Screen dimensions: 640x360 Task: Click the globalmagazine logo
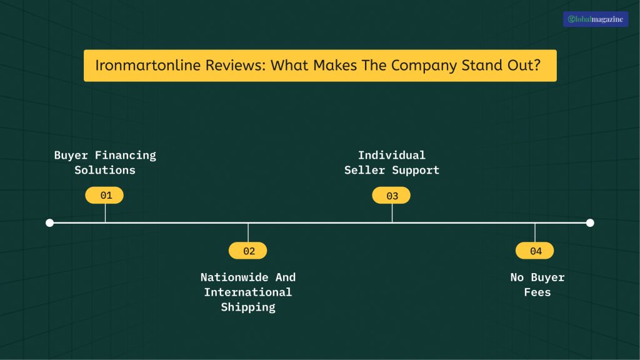pos(595,19)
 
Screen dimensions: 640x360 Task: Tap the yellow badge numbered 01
pos(105,196)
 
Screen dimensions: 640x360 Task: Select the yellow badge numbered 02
pos(248,251)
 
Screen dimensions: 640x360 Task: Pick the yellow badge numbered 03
pos(391,196)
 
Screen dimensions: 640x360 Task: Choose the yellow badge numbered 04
pos(534,251)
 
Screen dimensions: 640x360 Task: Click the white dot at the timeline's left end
pos(50,222)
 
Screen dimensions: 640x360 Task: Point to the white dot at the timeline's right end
pos(590,222)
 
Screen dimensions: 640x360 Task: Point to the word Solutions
pos(105,170)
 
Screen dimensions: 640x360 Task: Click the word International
pos(248,292)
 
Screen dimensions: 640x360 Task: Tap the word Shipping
pos(248,307)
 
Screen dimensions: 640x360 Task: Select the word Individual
pos(391,155)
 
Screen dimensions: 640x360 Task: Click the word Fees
pos(537,292)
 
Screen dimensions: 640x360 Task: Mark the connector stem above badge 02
pos(248,232)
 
